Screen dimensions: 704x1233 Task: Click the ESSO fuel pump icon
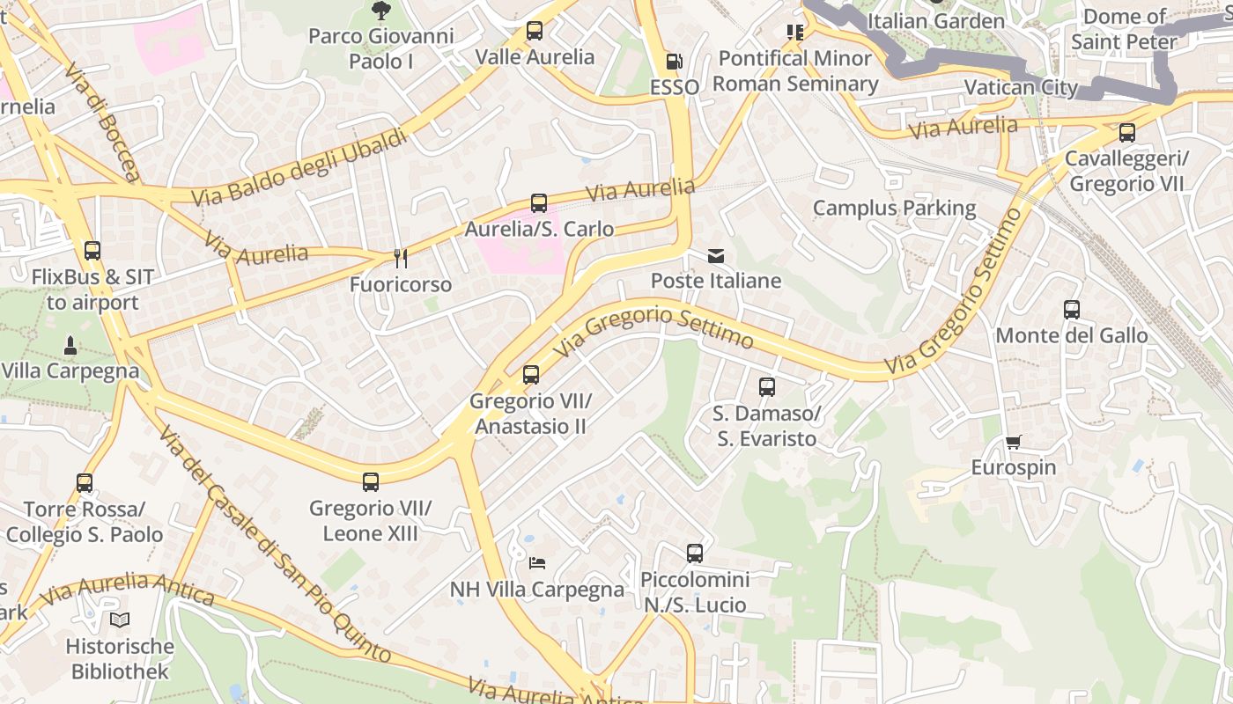(x=674, y=62)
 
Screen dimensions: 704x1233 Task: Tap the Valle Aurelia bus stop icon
(x=535, y=31)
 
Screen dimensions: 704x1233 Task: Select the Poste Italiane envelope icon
(x=716, y=256)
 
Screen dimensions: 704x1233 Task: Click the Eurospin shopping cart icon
(x=1014, y=442)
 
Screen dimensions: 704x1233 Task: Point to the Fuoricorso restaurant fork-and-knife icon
(x=401, y=258)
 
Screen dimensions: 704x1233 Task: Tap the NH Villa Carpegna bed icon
(x=537, y=563)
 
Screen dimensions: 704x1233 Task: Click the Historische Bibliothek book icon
(x=120, y=620)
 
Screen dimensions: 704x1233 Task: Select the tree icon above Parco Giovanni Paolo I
(x=380, y=11)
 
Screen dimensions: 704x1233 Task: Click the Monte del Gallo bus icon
(x=1072, y=310)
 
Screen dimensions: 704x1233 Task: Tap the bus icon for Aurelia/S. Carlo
(x=539, y=203)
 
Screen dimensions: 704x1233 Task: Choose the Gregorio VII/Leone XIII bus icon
(x=371, y=482)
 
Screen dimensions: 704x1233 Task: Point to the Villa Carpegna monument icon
(x=70, y=344)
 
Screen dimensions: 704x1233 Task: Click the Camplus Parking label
(x=894, y=209)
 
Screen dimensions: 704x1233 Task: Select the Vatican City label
(x=1021, y=87)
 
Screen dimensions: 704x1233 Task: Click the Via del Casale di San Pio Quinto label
(x=274, y=545)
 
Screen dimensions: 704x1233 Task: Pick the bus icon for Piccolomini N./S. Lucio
(x=695, y=554)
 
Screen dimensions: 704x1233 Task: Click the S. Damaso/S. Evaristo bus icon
(x=767, y=387)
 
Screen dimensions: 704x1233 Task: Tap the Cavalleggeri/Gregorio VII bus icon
(x=1126, y=133)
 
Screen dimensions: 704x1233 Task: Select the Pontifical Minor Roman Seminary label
(x=795, y=71)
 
